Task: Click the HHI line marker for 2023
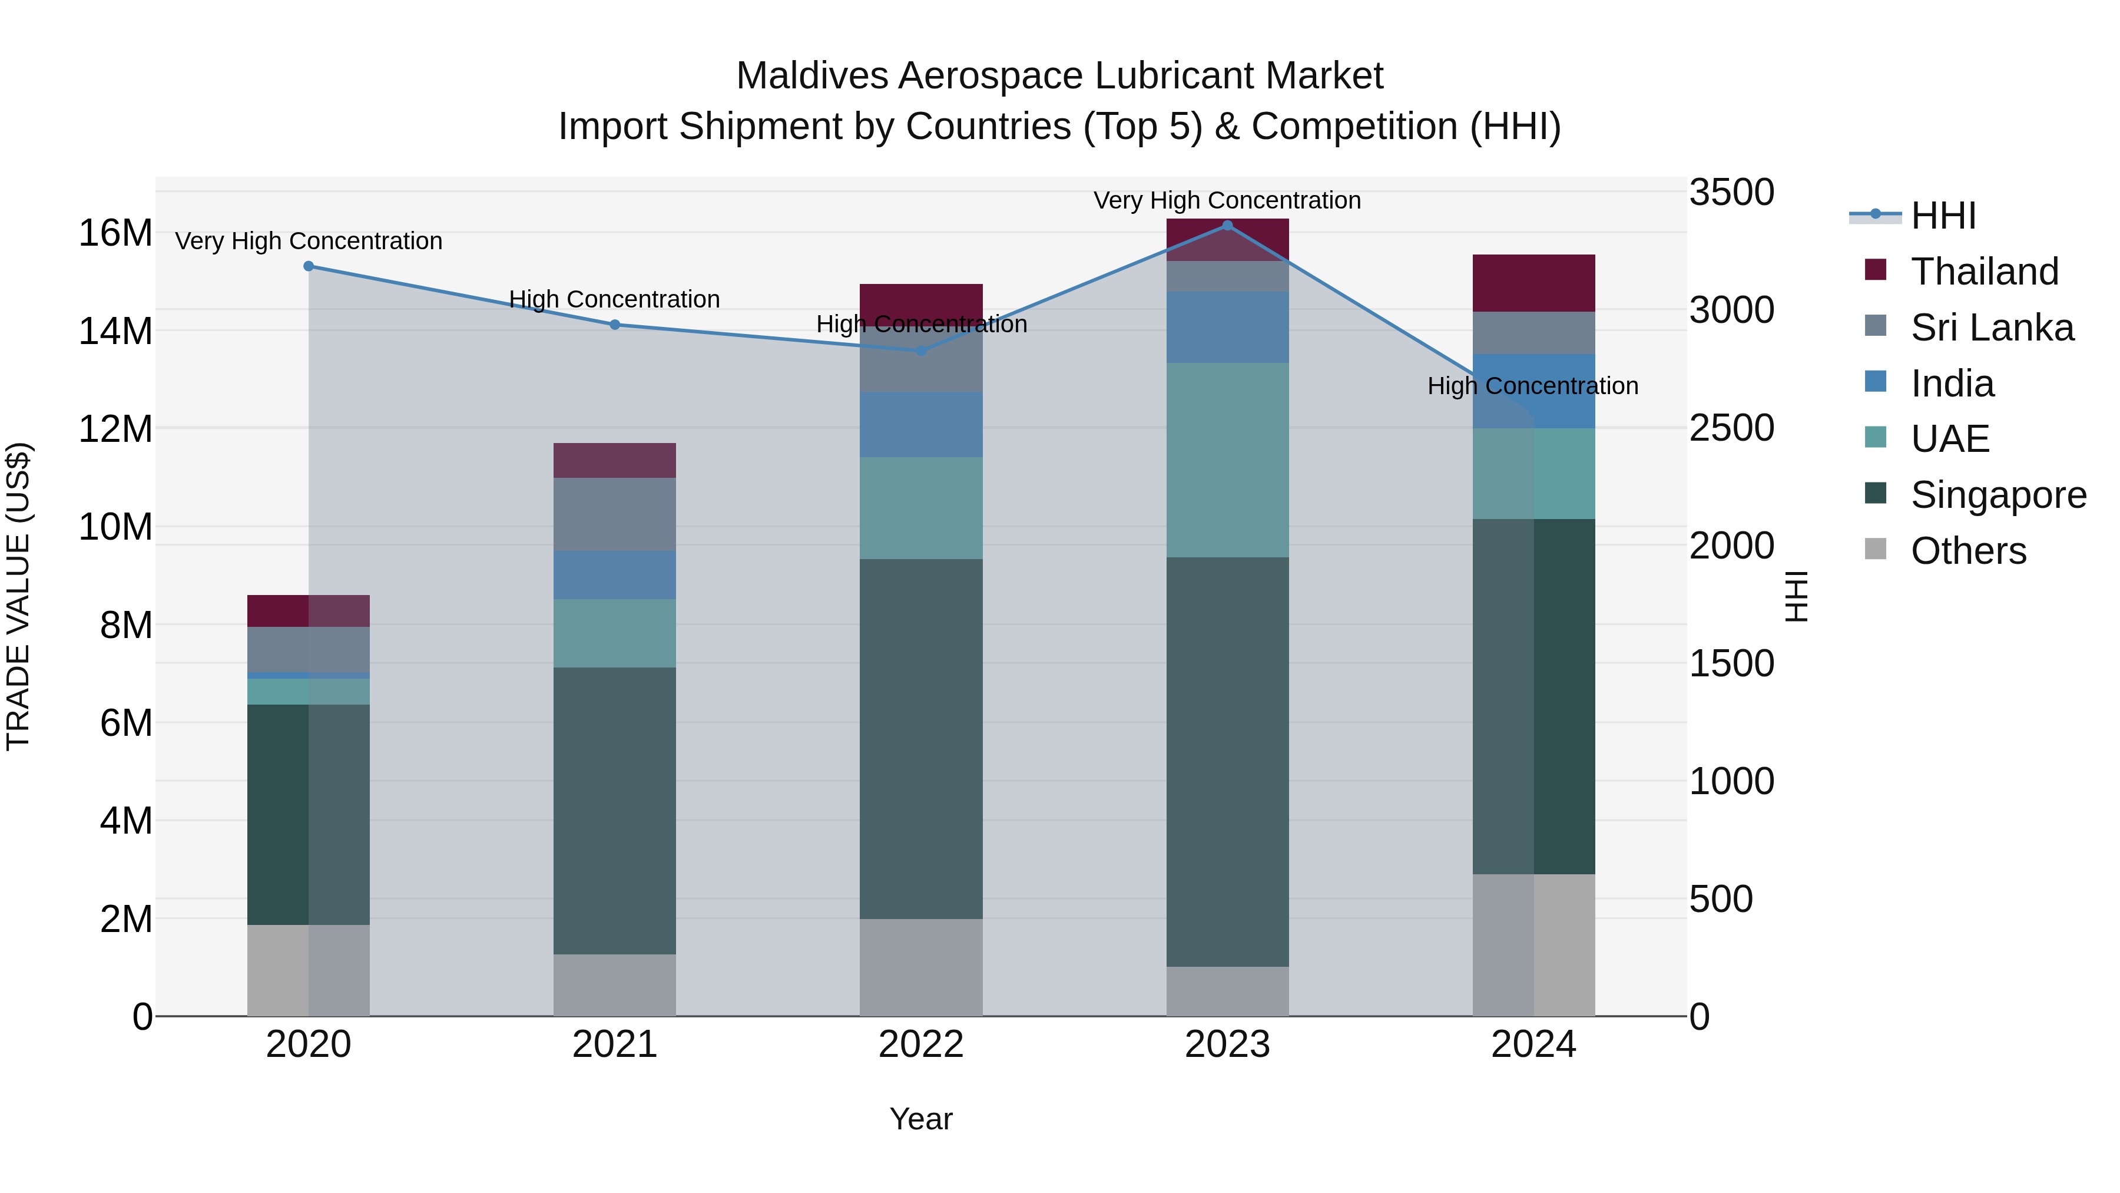point(1227,225)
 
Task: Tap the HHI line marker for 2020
point(309,266)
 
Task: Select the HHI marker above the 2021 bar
point(615,325)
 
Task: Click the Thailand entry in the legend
point(1983,271)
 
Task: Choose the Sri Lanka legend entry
point(1992,327)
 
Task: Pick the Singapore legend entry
point(1998,495)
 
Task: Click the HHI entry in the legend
point(1942,216)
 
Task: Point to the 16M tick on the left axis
point(115,233)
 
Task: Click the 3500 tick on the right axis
point(1731,192)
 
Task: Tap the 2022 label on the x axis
point(921,1044)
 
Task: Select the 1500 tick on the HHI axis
point(1731,663)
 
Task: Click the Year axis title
point(921,1119)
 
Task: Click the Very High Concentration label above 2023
point(1227,200)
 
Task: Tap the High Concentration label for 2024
point(1532,385)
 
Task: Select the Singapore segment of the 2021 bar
point(615,811)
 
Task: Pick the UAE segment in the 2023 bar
point(1227,460)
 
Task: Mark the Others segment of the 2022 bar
point(921,967)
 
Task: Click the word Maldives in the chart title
point(811,76)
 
